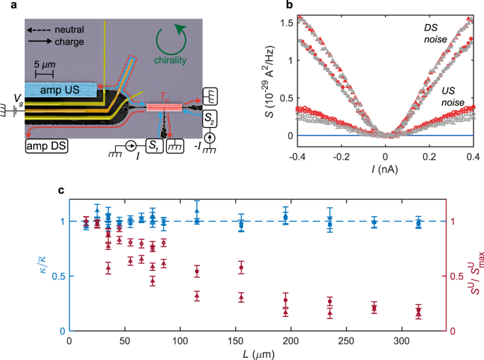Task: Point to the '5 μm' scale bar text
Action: tap(44, 65)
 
